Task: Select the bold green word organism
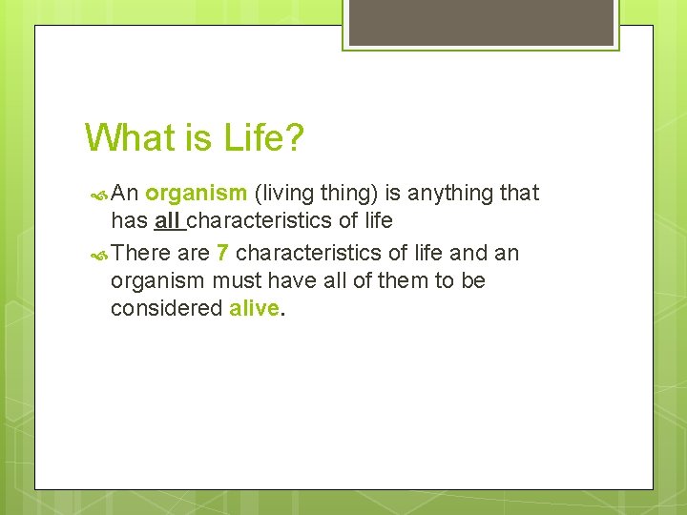coord(197,194)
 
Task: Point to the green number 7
coord(222,253)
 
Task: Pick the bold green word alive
coord(255,309)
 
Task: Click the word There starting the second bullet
coord(141,253)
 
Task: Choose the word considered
coord(167,309)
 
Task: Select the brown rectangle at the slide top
coord(481,22)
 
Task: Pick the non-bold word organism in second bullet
coord(157,281)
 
